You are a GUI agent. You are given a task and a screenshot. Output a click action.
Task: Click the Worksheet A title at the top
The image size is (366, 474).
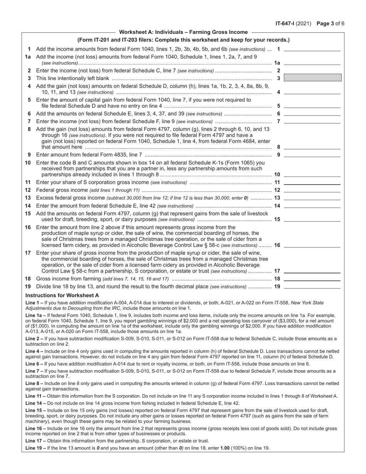click(x=183, y=32)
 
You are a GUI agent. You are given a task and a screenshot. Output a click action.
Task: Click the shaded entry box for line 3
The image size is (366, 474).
click(x=312, y=78)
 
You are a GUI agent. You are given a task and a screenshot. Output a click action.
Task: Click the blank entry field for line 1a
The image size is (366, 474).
click(x=312, y=62)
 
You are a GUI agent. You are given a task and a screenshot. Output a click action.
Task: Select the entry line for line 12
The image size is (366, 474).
click(x=312, y=190)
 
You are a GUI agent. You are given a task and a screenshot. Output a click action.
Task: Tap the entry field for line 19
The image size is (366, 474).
click(x=312, y=286)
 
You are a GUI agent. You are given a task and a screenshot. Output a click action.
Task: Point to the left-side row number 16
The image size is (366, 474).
click(x=28, y=227)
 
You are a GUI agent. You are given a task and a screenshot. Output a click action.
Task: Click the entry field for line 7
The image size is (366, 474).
click(x=312, y=121)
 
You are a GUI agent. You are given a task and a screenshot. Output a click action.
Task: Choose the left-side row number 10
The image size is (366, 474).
click(x=28, y=163)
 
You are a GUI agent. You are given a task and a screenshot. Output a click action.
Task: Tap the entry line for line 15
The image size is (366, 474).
click(x=312, y=220)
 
